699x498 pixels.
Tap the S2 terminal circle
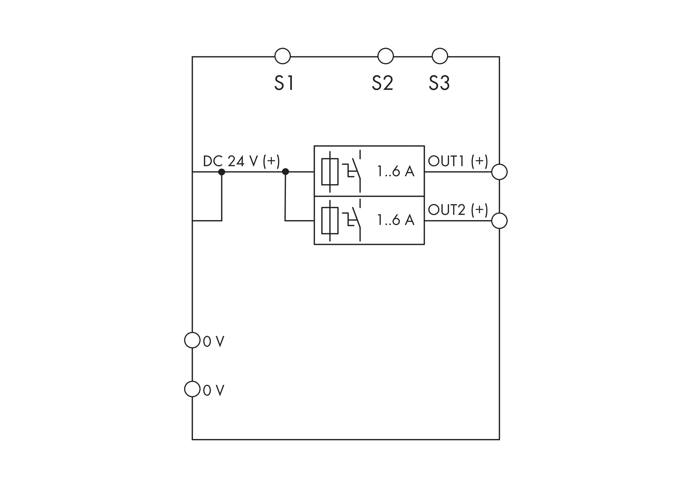point(385,56)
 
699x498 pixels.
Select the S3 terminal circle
point(439,56)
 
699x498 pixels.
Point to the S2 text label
point(382,83)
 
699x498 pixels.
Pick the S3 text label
point(439,83)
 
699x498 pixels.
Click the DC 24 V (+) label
point(241,161)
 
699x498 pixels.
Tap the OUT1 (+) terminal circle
point(499,172)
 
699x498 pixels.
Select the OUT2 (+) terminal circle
point(499,221)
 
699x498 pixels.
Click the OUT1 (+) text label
point(458,161)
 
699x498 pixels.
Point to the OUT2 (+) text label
point(458,210)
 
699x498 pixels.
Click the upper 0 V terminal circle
point(192,340)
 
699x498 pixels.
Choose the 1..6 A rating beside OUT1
point(396,171)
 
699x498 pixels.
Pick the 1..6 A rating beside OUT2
point(396,220)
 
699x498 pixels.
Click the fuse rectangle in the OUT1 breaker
point(330,172)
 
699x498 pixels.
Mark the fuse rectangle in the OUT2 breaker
point(330,220)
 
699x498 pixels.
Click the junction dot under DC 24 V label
point(221,172)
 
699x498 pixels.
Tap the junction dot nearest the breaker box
point(285,172)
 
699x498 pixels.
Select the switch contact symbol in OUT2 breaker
point(354,220)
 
